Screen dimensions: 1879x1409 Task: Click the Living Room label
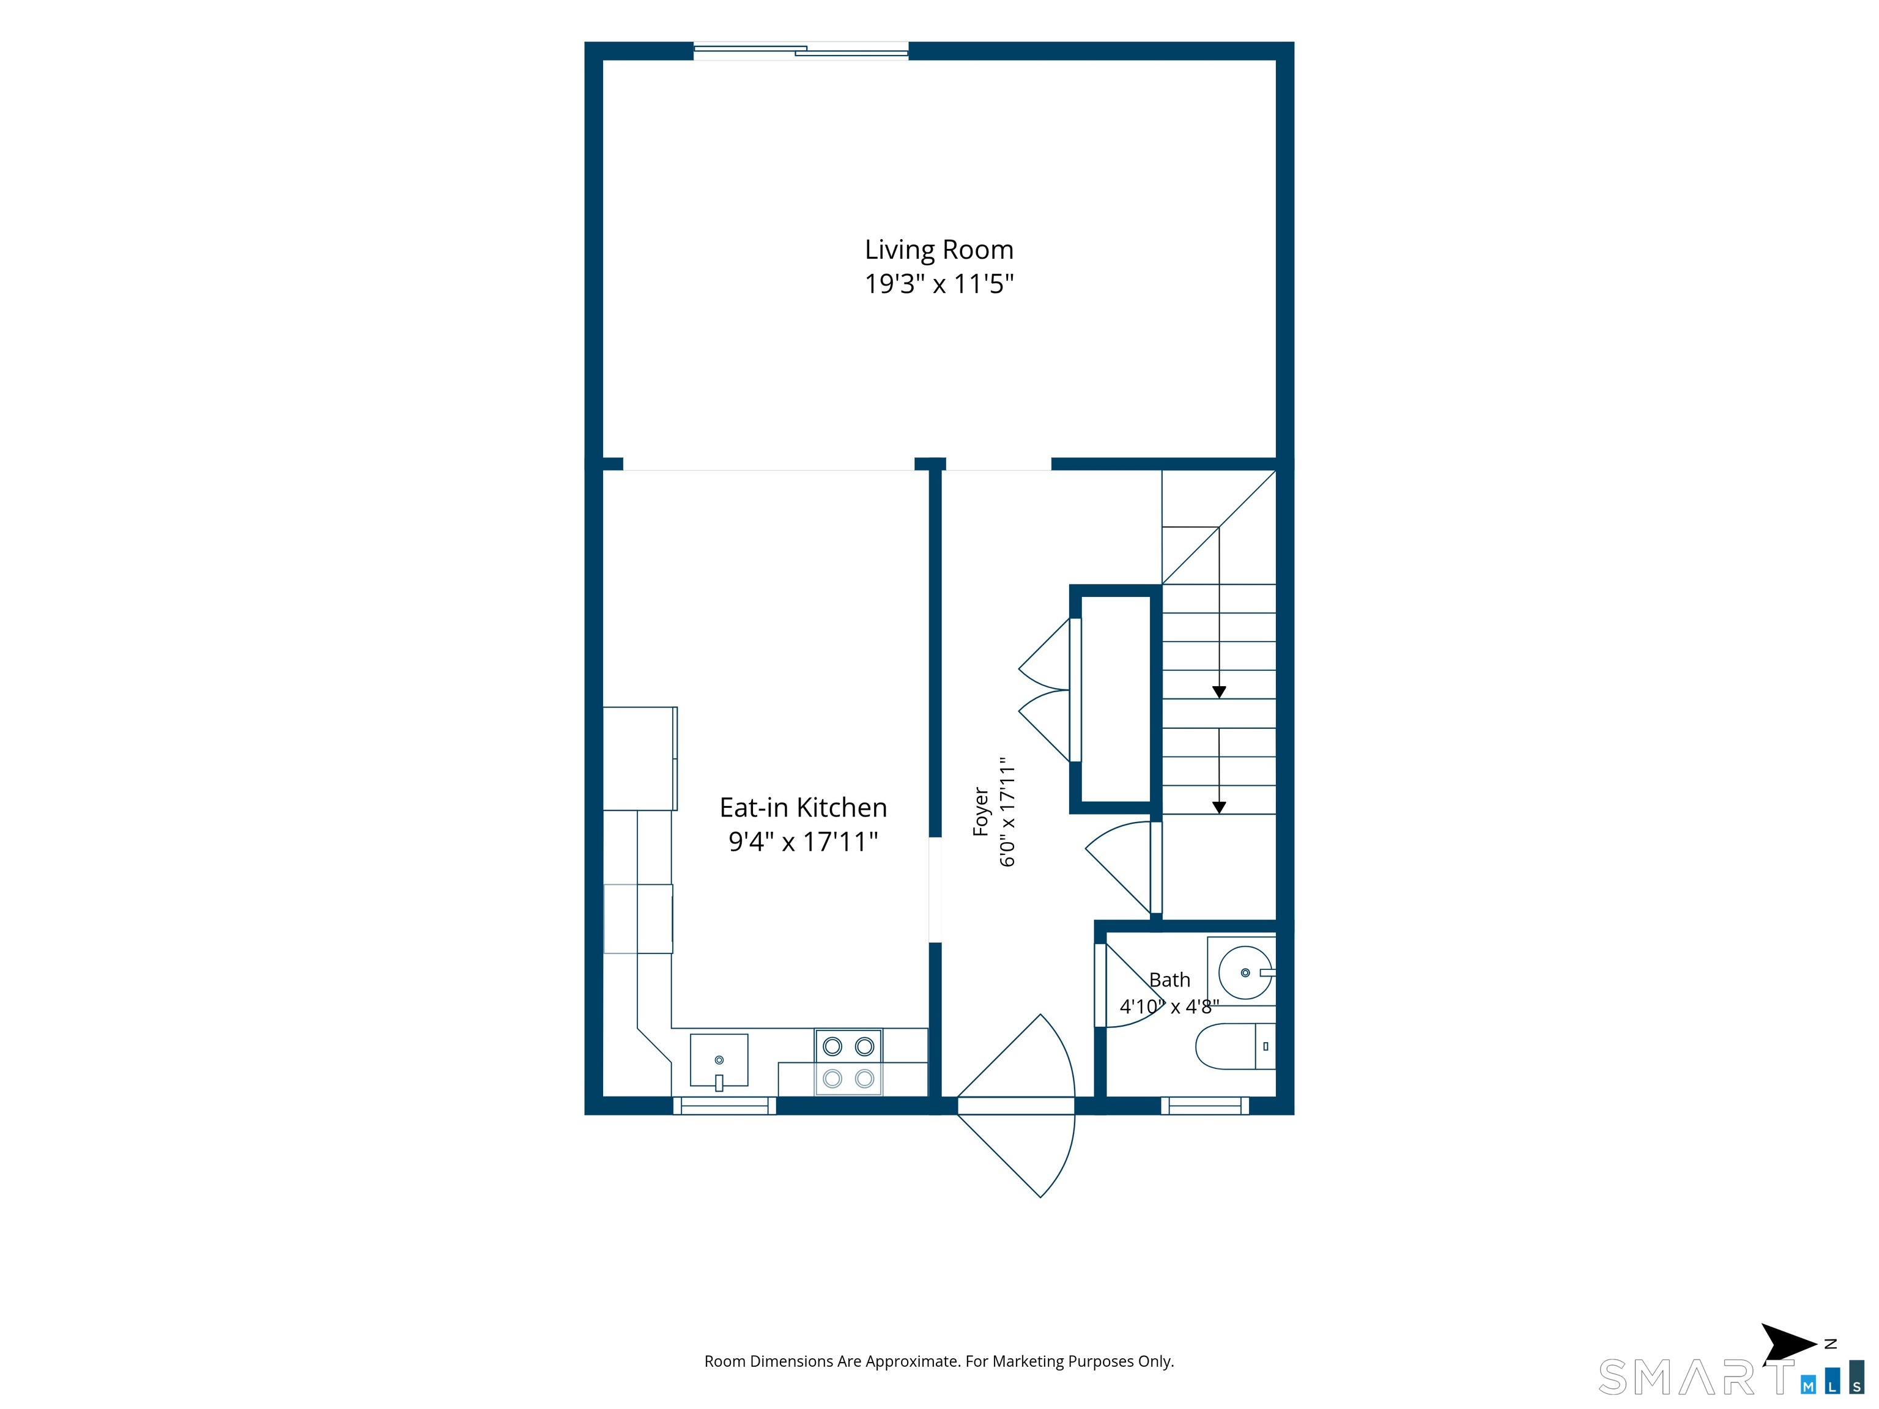pos(939,250)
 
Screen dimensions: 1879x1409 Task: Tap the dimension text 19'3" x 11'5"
pos(939,284)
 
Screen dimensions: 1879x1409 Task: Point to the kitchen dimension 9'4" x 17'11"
pos(802,841)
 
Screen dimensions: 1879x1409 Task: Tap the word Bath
pos(1169,980)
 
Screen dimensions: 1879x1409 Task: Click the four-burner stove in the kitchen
pos(848,1062)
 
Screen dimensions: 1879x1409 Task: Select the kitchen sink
pos(719,1061)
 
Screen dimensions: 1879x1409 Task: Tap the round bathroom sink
pos(1245,972)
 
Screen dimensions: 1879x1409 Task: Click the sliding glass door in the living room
pos(801,51)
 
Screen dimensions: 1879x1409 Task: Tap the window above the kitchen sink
pos(725,1105)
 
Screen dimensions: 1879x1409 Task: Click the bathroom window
pos(1204,1105)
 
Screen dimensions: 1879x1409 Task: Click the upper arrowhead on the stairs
pos(1219,692)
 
